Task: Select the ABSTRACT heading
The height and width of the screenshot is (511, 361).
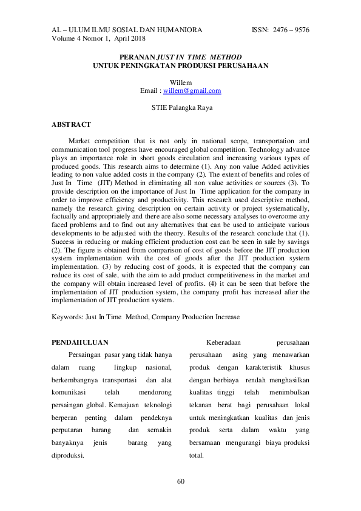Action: [71, 124]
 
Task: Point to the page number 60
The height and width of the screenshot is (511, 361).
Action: [180, 481]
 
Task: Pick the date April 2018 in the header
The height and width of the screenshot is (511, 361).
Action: [129, 38]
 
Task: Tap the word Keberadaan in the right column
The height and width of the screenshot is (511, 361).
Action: [226, 342]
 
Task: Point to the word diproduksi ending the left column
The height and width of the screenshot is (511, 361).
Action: [68, 455]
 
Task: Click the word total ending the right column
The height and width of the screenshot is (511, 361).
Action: [197, 455]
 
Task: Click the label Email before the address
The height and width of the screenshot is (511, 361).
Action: [149, 91]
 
